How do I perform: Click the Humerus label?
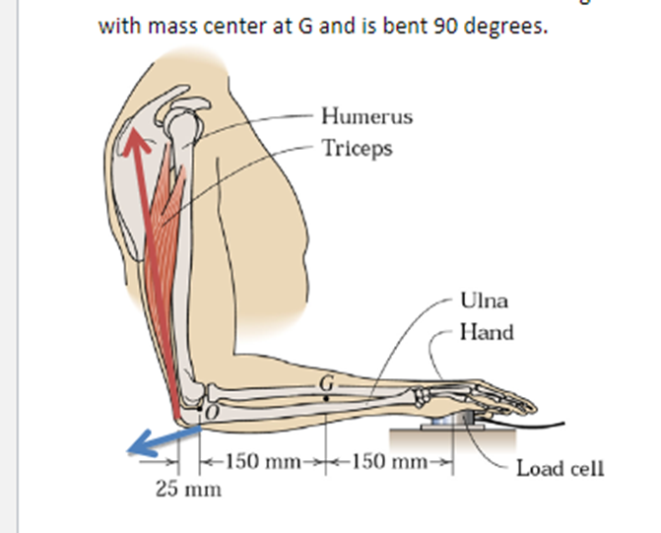(367, 116)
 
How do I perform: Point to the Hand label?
(487, 332)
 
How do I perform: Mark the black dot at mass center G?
(327, 397)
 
